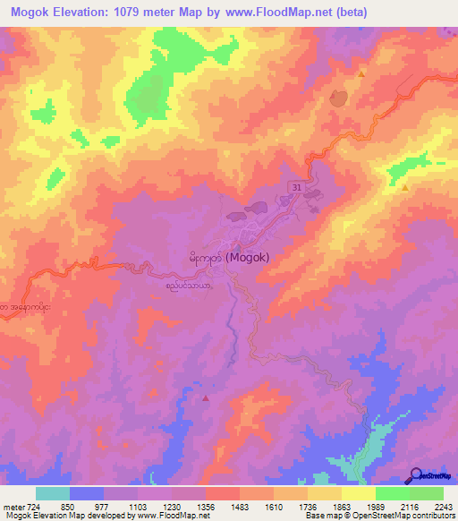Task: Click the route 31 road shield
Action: pyautogui.click(x=294, y=184)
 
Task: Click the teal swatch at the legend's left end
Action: pyautogui.click(x=53, y=493)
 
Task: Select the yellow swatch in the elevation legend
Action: pyautogui.click(x=359, y=493)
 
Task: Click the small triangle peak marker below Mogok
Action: pyautogui.click(x=207, y=397)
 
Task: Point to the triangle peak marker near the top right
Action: pyautogui.click(x=361, y=75)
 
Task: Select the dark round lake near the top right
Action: pyautogui.click(x=338, y=98)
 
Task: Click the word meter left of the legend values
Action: pyautogui.click(x=12, y=506)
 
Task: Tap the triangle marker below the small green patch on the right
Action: pyautogui.click(x=404, y=188)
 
